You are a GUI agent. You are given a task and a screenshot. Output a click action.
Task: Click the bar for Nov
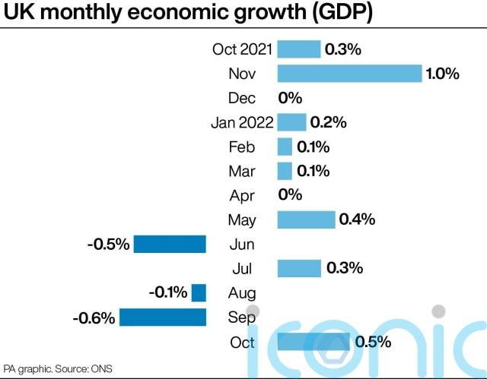tap(349, 74)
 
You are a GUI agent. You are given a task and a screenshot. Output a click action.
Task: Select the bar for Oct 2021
tap(299, 49)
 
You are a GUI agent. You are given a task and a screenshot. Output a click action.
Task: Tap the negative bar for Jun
tap(170, 244)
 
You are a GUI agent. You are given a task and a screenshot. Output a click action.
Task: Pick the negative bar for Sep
tap(163, 317)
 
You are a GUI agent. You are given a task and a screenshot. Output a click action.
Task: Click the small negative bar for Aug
tap(199, 292)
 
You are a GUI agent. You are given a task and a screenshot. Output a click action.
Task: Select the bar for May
tap(306, 220)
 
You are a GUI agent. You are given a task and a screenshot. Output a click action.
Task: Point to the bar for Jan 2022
tap(291, 122)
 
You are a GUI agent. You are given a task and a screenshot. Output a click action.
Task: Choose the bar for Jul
tap(299, 268)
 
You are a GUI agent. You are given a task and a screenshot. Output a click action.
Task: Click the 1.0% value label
tap(443, 74)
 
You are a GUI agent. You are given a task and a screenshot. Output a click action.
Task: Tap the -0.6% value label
tap(94, 317)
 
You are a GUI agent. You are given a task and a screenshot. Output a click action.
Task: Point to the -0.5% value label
tap(109, 245)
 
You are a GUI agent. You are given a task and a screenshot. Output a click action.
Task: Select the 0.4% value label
tap(358, 220)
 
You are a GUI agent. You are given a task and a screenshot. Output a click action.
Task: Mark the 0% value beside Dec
tap(290, 98)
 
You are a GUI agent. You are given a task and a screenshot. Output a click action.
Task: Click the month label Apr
tap(242, 195)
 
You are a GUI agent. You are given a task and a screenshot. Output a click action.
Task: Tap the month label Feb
tap(242, 147)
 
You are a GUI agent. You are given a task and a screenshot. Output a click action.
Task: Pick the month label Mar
tap(242, 171)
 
